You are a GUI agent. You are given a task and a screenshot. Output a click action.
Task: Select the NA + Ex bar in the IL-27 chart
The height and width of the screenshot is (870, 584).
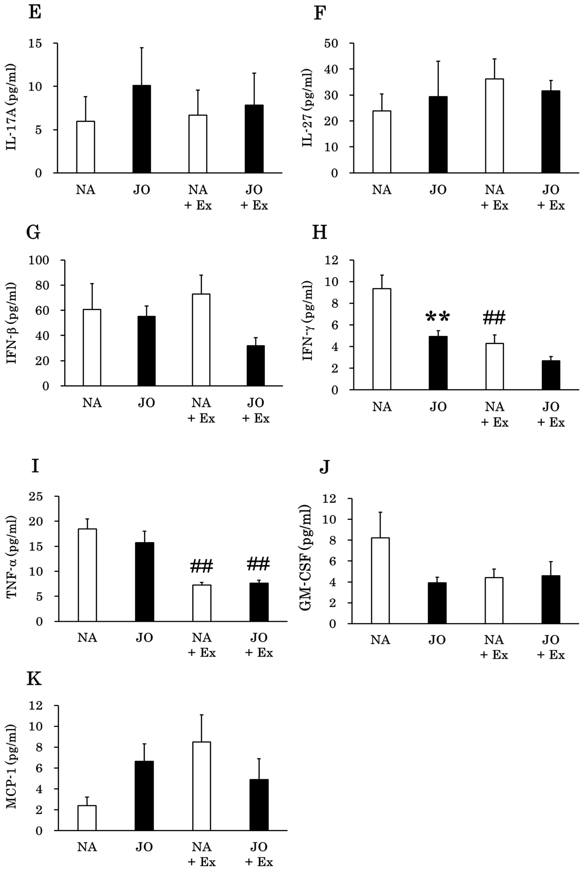(x=494, y=126)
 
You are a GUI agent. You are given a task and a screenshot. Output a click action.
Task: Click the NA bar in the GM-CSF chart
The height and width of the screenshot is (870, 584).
(x=380, y=580)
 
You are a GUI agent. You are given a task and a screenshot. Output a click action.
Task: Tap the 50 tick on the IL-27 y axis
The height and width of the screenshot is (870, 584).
(x=331, y=44)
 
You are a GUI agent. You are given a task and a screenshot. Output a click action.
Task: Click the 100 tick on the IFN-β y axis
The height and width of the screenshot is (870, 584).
(x=39, y=260)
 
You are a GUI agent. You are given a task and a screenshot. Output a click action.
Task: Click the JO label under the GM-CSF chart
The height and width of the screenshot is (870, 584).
(x=437, y=640)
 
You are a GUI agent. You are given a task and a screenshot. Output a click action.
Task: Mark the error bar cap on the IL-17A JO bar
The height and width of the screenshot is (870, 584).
(x=141, y=48)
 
